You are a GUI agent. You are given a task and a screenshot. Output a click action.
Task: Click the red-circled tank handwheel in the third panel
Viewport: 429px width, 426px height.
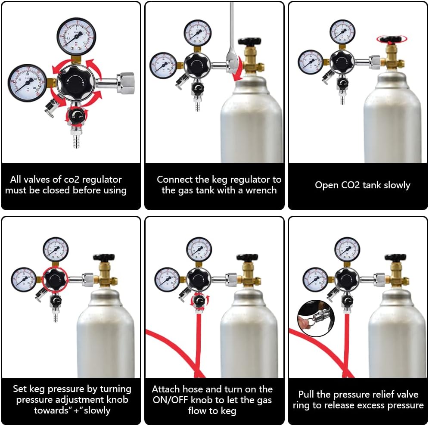coord(391,39)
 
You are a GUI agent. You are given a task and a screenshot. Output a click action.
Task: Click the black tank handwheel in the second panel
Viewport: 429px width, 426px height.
coord(246,42)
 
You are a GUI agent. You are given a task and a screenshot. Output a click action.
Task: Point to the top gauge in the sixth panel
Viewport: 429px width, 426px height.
coord(347,249)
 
